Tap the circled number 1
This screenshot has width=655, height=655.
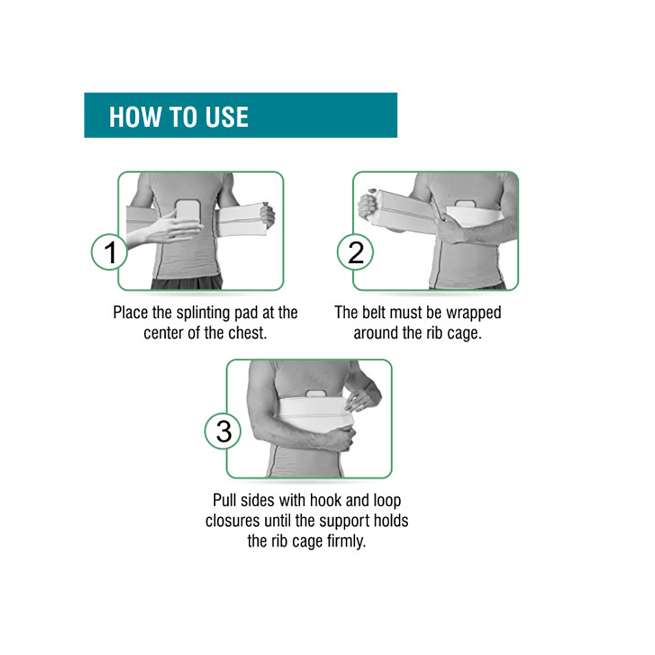(109, 252)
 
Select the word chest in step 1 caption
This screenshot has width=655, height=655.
(247, 332)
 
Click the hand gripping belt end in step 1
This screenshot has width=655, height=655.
(267, 214)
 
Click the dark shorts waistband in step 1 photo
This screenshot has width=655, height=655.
(187, 283)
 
